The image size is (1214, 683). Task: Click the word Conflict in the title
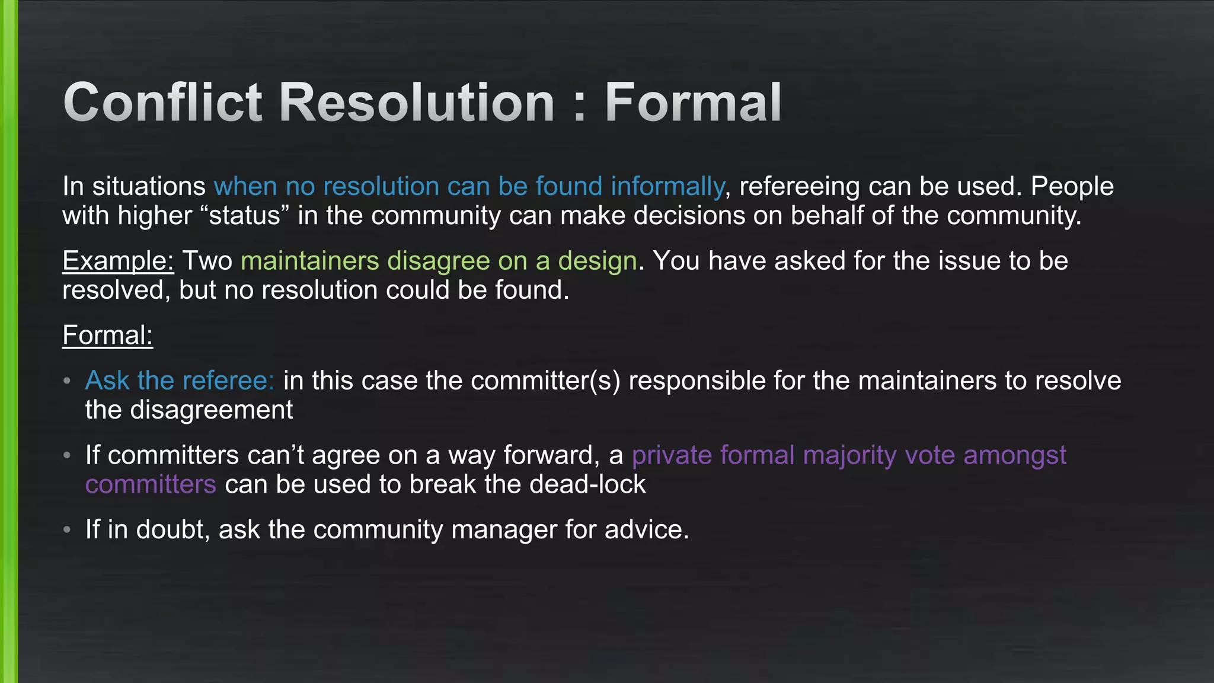pos(162,103)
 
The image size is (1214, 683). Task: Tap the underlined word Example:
pos(118,261)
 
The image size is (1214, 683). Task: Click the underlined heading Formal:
pos(107,336)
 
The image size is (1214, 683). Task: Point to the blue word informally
pos(667,187)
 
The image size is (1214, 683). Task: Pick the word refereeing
pos(800,187)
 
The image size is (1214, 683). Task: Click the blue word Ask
pos(107,381)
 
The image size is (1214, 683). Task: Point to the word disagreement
pos(211,410)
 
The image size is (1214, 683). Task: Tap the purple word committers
pos(151,485)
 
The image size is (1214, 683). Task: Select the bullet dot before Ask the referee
pos(68,381)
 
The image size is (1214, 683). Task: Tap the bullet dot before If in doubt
pos(68,529)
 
